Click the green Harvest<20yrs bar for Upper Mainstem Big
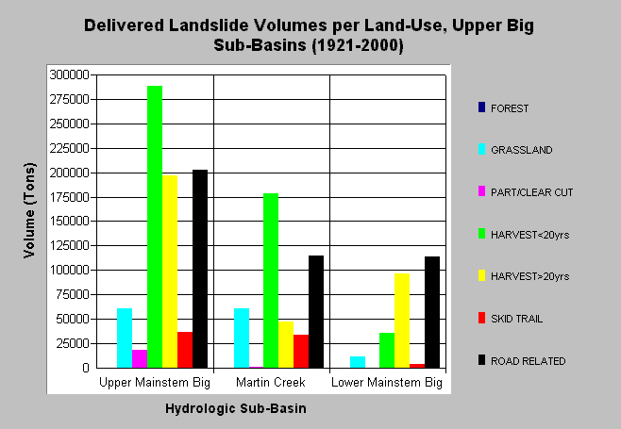155,227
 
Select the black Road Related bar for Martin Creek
316,312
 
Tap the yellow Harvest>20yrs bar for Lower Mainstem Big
402,321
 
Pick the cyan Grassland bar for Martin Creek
242,338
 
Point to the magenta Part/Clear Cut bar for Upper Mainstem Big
140,359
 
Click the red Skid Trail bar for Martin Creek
301,352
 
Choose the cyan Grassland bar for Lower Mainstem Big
358,362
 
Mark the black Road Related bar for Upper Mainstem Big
200,269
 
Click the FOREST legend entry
503,108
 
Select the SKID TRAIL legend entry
511,319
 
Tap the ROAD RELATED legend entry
522,361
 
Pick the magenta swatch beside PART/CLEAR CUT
481,191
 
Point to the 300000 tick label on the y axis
69,74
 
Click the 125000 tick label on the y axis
69,245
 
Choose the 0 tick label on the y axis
86,368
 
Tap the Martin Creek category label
271,382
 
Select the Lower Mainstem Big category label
387,383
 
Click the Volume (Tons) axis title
29,210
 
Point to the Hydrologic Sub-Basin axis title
236,408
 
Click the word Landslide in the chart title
210,25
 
